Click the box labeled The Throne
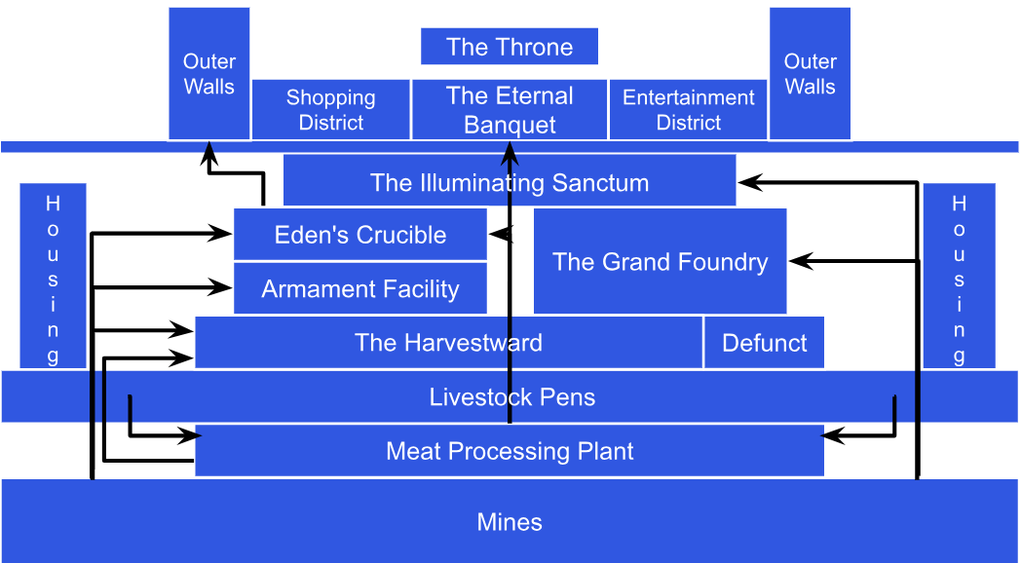(x=509, y=47)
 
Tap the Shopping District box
(x=330, y=109)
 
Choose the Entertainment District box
(x=688, y=109)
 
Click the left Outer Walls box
(x=208, y=74)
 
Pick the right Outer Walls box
(x=810, y=74)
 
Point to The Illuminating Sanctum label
(x=509, y=183)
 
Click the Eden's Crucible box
(x=359, y=235)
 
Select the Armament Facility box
(x=359, y=289)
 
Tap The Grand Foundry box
(x=660, y=261)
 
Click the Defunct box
(x=764, y=343)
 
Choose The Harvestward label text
(x=448, y=343)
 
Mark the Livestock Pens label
(x=511, y=397)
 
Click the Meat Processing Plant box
(x=509, y=451)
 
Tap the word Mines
(x=509, y=522)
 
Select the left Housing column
(x=53, y=277)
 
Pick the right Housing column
(x=959, y=277)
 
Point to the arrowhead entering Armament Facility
(x=224, y=287)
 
